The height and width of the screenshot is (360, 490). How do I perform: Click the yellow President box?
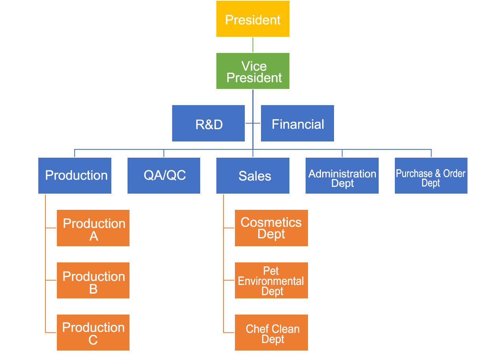point(253,19)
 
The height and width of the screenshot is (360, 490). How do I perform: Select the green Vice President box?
point(253,71)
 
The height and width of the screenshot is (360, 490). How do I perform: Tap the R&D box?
point(208,123)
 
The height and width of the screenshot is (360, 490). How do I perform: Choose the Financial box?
point(297,123)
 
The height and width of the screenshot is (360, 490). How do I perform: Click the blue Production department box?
point(75,175)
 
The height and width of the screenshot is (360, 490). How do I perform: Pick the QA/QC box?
point(164,175)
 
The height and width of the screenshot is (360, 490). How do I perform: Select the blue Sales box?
point(253,175)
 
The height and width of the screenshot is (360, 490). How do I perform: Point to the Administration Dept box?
point(342,175)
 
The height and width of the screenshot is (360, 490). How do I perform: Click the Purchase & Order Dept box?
point(431,175)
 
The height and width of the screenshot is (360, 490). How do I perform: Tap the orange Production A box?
point(93,228)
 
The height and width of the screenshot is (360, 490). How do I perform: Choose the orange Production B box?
point(93,280)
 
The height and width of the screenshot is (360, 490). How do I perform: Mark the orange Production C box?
point(93,332)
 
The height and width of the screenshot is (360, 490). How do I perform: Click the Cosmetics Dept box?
point(271,228)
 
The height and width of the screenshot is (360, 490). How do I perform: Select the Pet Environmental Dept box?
point(271,280)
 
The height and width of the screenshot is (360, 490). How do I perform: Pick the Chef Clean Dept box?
point(271,332)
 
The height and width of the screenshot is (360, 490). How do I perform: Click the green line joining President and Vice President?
point(253,45)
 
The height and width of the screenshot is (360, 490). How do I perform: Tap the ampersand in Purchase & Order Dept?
point(437,173)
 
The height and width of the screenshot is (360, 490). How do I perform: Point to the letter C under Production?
point(93,340)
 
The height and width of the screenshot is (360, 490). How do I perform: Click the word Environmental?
point(271,281)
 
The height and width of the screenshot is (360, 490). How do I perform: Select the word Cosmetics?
point(271,222)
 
